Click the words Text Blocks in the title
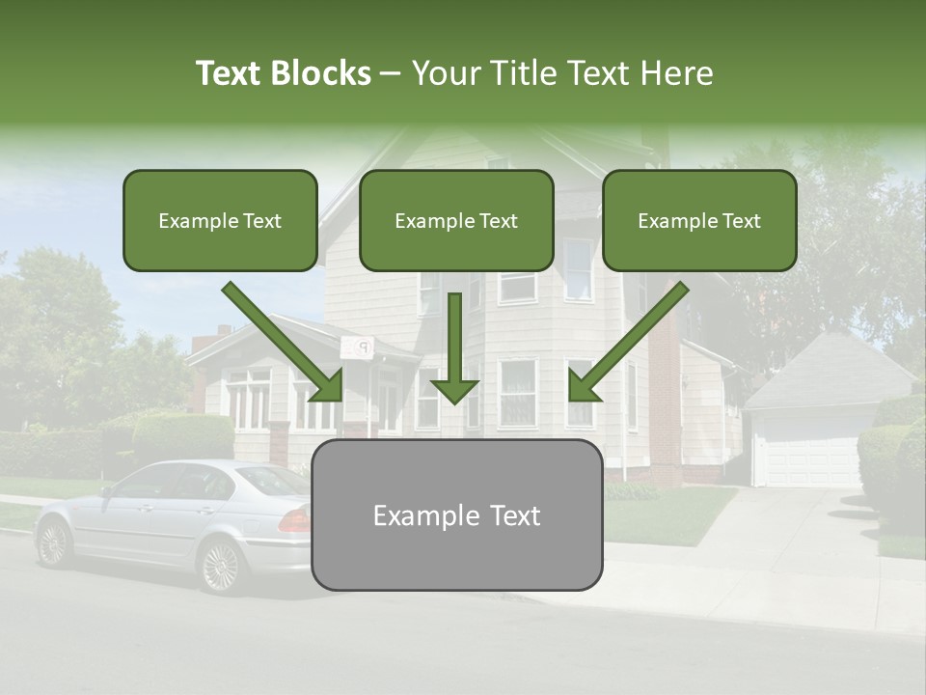point(283,73)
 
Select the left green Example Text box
point(220,221)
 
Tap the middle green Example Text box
point(456,221)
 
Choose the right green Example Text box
point(699,221)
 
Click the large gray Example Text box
point(456,515)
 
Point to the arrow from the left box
point(285,343)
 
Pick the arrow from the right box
point(627,343)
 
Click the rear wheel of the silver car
point(221,566)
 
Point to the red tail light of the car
point(294,522)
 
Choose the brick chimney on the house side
point(665,386)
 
